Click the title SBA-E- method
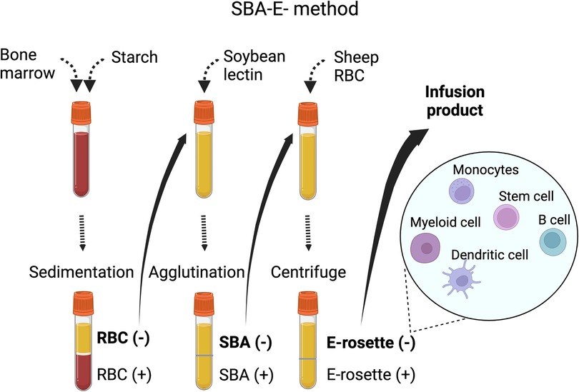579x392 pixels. tap(295, 9)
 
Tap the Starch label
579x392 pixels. tap(134, 57)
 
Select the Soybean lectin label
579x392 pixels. tap(254, 65)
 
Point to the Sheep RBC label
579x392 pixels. tap(356, 66)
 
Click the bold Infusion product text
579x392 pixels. tap(455, 101)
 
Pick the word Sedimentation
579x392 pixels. tap(81, 272)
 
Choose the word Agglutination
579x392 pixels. tap(197, 273)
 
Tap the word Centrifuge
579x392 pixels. tap(308, 273)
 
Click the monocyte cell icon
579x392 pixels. tap(462, 191)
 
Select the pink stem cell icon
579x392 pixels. tap(506, 217)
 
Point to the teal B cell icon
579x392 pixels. tap(553, 241)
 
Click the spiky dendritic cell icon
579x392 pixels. tap(462, 279)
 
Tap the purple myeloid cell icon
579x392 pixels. tap(425, 248)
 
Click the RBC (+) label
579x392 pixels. tap(124, 374)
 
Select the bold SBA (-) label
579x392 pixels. tap(246, 342)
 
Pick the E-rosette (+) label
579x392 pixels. tap(371, 375)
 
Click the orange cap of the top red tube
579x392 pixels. tap(81, 113)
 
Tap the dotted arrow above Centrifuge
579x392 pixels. tap(308, 233)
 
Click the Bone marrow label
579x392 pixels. tap(27, 64)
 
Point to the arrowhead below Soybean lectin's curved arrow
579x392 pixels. tap(204, 86)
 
